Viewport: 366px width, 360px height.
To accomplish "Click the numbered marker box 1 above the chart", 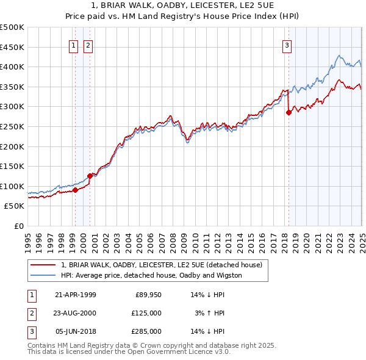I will [x=73, y=45].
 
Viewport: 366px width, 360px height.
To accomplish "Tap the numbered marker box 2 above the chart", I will [x=88, y=45].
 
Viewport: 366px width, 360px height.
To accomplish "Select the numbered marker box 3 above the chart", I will [x=287, y=45].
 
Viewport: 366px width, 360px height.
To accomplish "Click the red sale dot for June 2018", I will [x=289, y=112].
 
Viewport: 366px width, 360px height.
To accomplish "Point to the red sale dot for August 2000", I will [x=90, y=176].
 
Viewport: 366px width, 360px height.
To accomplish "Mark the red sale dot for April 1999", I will [x=75, y=190].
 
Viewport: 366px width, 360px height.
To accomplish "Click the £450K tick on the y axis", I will [x=12, y=47].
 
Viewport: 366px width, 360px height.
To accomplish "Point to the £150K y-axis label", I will [x=12, y=166].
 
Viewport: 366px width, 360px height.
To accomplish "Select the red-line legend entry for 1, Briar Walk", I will [x=161, y=265].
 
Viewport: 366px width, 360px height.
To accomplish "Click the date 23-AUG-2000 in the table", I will [x=75, y=313].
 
